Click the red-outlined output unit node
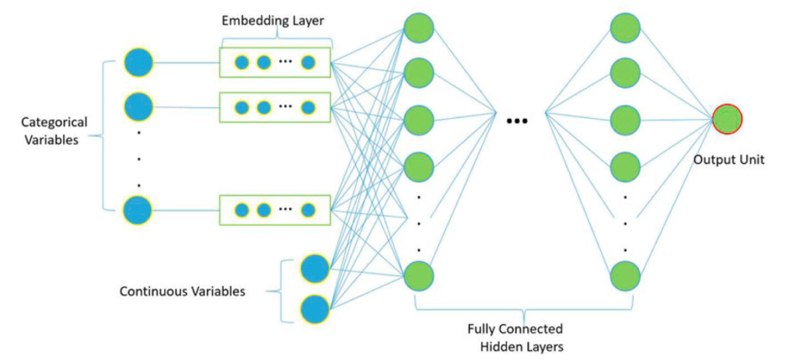728,120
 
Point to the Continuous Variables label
182,292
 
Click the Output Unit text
730,160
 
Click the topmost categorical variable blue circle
138,62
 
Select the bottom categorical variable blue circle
138,210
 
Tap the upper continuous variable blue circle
315,268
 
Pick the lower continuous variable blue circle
315,309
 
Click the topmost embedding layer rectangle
275,62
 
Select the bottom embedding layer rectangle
275,209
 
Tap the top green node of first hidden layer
417,28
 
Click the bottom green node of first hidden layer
417,274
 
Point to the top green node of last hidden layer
625,28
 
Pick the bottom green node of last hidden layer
625,274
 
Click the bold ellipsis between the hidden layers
517,121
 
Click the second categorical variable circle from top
138,106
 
